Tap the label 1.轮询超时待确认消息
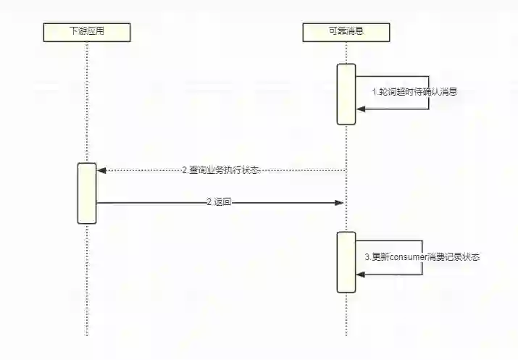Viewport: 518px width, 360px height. pyautogui.click(x=414, y=92)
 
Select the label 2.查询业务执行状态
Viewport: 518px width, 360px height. pyautogui.click(x=220, y=169)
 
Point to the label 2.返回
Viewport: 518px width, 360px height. pyautogui.click(x=220, y=203)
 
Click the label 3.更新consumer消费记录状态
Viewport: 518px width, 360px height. pyautogui.click(x=422, y=257)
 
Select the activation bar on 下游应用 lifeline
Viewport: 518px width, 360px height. pyautogui.click(x=87, y=193)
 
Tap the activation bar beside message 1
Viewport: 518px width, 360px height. pyautogui.click(x=346, y=93)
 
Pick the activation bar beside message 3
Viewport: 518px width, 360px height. pyautogui.click(x=346, y=261)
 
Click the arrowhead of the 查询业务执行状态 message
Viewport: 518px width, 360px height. pyautogui.click(x=101, y=170)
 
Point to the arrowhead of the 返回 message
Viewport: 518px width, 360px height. pyautogui.click(x=338, y=203)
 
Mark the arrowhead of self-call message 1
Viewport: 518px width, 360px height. pyautogui.click(x=360, y=109)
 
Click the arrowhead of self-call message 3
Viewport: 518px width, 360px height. pyautogui.click(x=360, y=274)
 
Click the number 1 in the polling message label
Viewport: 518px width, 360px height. pyautogui.click(x=375, y=92)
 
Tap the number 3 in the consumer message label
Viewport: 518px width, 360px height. pyautogui.click(x=367, y=257)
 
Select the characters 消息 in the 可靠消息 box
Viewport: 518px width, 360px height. pyautogui.click(x=354, y=31)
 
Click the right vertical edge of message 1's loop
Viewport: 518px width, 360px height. pyautogui.click(x=429, y=93)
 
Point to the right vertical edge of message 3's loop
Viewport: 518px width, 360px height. pyautogui.click(x=422, y=257)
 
